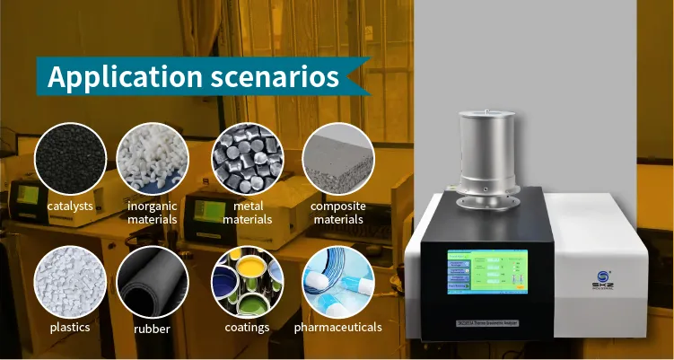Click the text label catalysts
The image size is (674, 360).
[69, 206]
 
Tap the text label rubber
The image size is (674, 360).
[152, 328]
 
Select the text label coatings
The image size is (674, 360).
[247, 328]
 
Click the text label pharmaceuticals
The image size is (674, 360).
[337, 328]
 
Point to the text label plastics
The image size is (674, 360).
[69, 328]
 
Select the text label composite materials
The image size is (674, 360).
[337, 213]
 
